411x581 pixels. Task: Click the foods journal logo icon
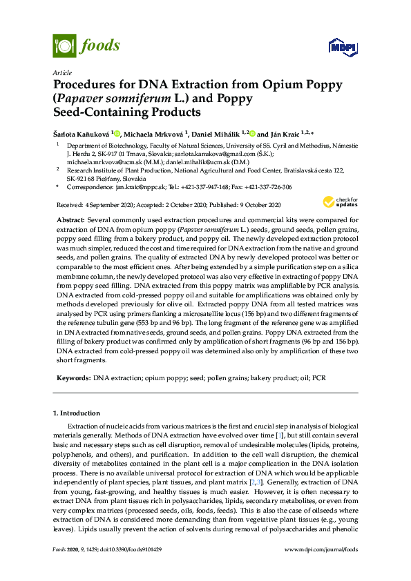[x=64, y=46]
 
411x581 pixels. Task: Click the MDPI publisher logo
[x=343, y=47]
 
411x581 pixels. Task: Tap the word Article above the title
[x=62, y=72]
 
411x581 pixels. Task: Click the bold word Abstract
[x=70, y=217]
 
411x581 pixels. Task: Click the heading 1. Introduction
[x=77, y=413]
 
